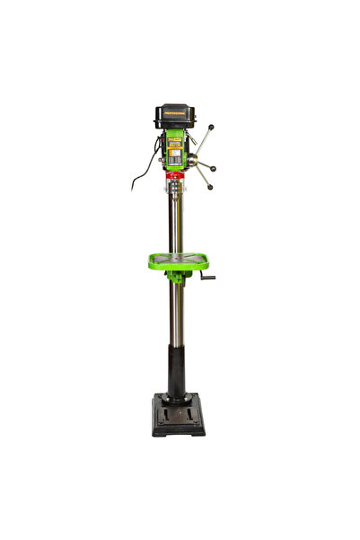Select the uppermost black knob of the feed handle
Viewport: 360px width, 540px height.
(x=212, y=128)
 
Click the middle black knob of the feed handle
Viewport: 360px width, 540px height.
(x=214, y=168)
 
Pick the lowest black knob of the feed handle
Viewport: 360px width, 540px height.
(x=209, y=187)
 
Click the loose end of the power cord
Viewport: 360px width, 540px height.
(x=134, y=188)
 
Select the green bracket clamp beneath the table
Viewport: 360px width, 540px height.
(x=177, y=276)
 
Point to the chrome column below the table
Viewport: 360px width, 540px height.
(x=178, y=314)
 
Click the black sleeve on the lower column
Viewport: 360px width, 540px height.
(x=177, y=370)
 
